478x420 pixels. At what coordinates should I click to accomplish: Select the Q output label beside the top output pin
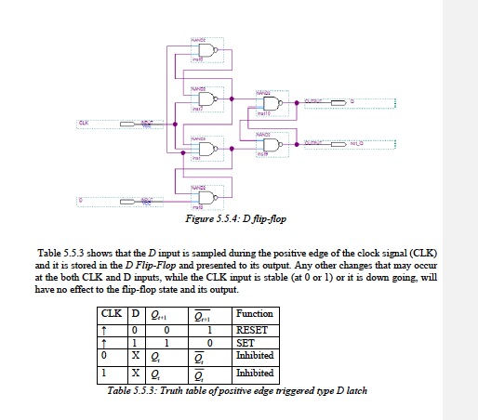coord(352,101)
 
